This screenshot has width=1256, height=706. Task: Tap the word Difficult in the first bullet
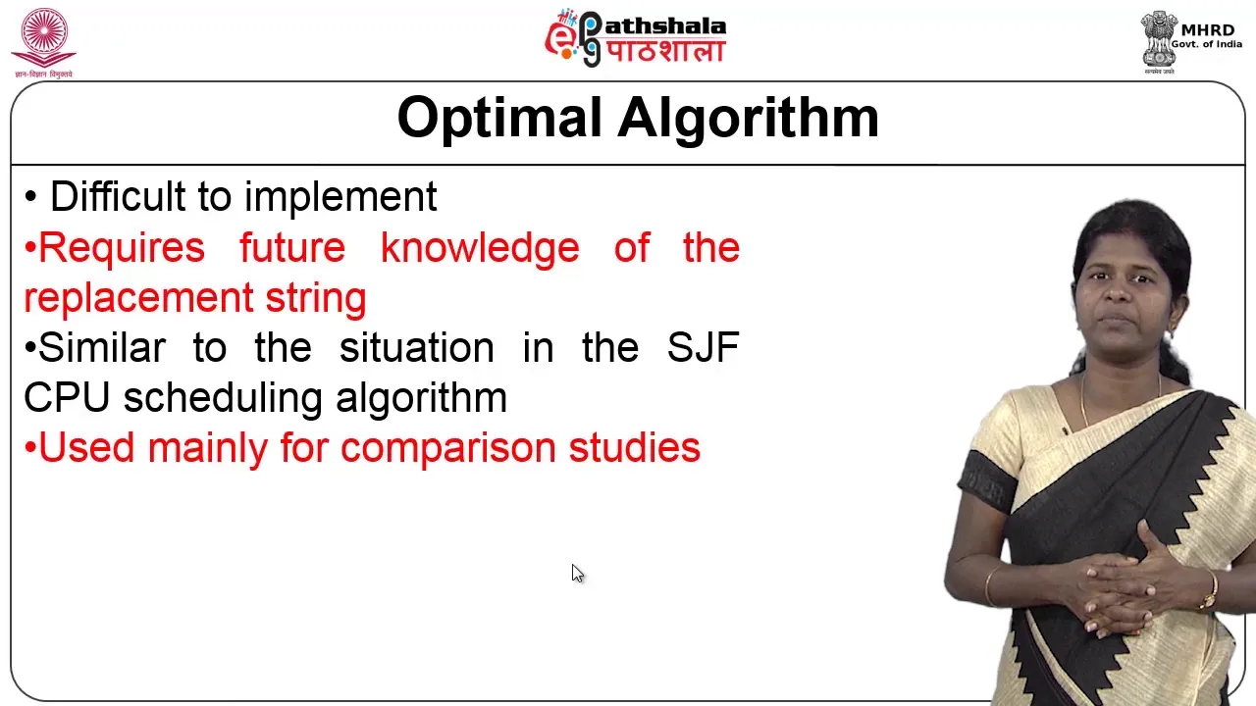[x=118, y=196]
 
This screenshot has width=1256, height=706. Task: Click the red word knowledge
[x=480, y=248]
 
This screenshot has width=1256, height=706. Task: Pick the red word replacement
[x=138, y=298]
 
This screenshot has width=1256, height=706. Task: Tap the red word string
[x=316, y=298]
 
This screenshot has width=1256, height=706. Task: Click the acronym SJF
[x=704, y=347]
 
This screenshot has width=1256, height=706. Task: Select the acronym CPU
[x=66, y=397]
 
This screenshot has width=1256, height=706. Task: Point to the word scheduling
[x=223, y=399]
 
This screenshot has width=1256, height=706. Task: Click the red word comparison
[x=448, y=449]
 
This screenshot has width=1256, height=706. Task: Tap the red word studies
[x=635, y=447]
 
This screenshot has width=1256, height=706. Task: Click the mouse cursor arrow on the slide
[x=578, y=574]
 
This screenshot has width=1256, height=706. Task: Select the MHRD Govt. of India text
[x=1207, y=36]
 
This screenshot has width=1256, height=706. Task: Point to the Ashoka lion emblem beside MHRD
[x=1158, y=39]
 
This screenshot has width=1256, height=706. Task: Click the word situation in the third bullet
[x=417, y=347]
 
